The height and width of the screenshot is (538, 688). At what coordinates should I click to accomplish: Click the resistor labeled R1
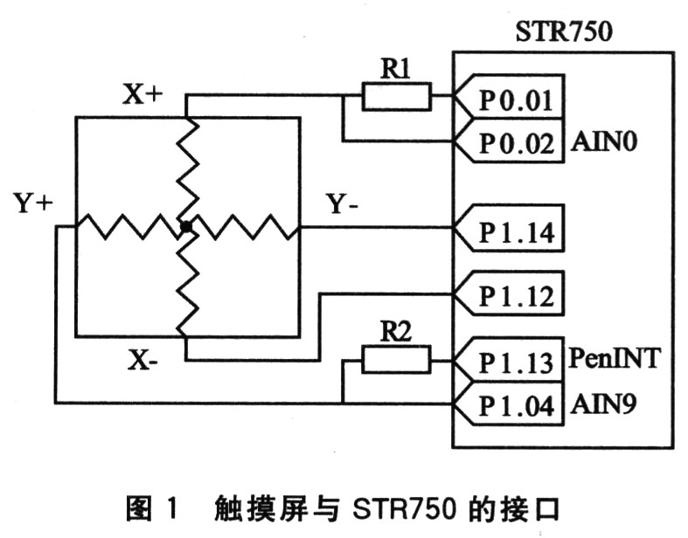point(397,96)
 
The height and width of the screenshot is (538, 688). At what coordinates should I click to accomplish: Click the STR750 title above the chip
point(563,34)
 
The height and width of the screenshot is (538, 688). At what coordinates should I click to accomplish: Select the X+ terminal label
point(142,95)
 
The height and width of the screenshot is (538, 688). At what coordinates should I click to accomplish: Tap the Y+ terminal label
point(34,203)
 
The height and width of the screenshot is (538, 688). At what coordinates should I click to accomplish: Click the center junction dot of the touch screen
point(185,227)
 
